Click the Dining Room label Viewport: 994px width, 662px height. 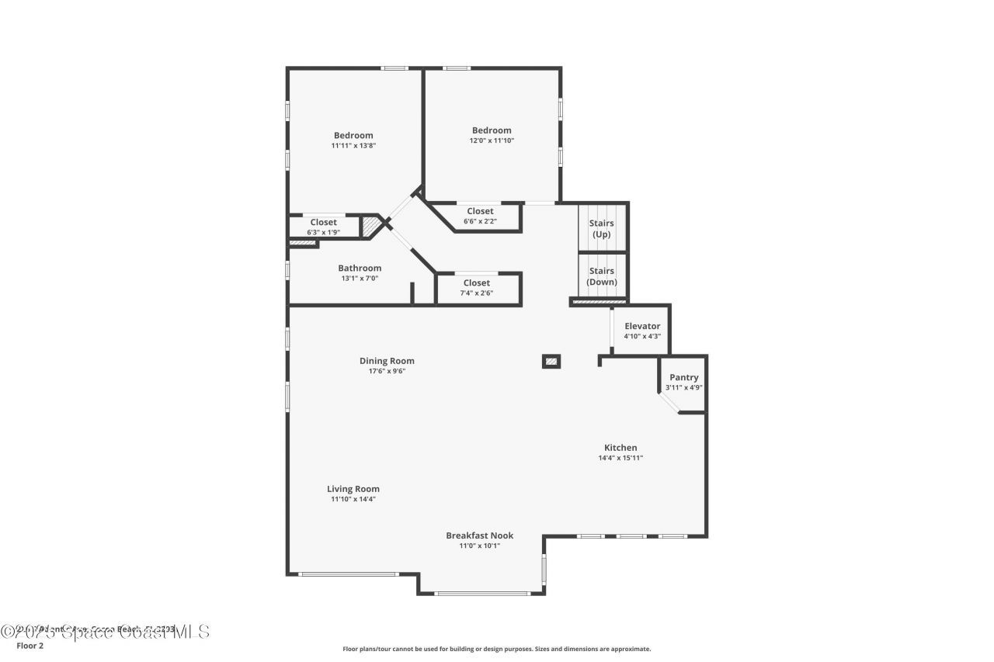point(387,361)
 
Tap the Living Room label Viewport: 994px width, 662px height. point(353,489)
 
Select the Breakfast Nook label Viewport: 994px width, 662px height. point(479,535)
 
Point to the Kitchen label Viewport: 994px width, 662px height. point(620,448)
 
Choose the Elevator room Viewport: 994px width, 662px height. point(642,331)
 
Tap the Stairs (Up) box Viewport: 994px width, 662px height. point(602,228)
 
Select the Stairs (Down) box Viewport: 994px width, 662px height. point(602,276)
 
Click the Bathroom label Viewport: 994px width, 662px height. point(360,269)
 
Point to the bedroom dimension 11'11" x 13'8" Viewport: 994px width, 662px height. point(353,146)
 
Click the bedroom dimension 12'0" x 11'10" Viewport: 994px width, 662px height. point(492,141)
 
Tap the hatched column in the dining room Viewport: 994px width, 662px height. point(551,361)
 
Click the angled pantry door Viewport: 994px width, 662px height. point(668,404)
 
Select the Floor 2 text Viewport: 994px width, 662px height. point(30,645)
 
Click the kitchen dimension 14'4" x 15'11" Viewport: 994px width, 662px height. point(620,458)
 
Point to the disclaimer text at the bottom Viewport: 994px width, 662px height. point(497,649)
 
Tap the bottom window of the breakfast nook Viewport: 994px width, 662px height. point(481,594)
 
